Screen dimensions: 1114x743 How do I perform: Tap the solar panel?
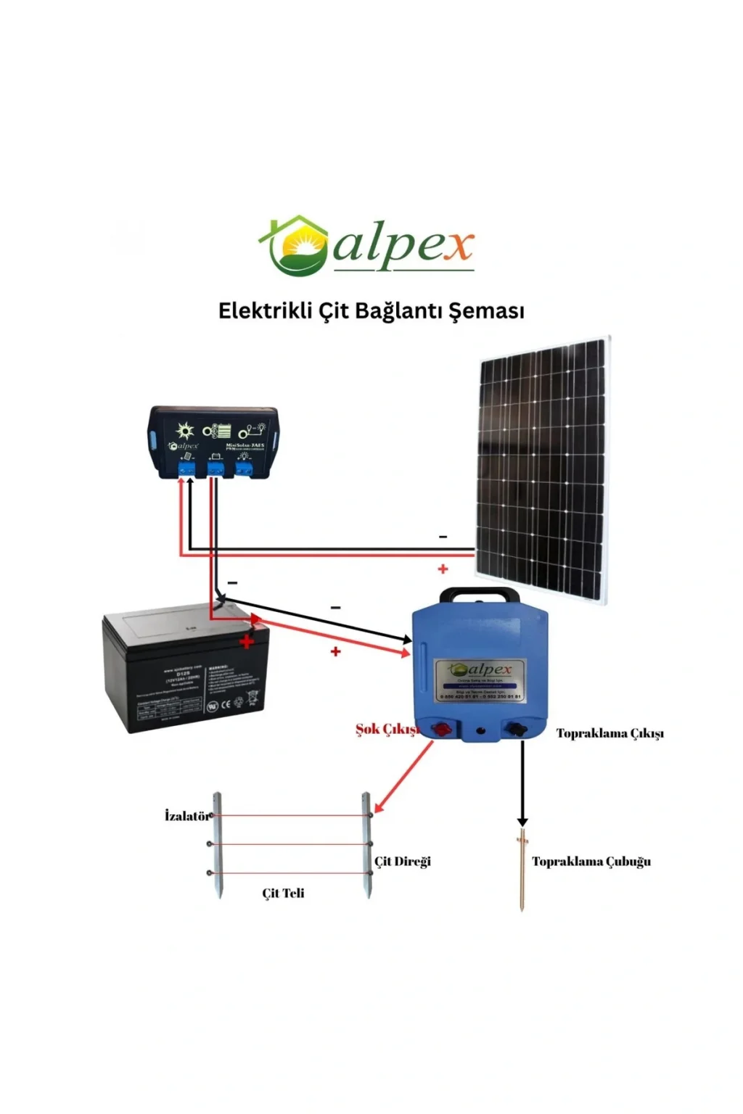(x=542, y=468)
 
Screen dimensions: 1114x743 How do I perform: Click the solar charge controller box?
(x=214, y=442)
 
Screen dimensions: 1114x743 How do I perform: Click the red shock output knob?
(x=440, y=730)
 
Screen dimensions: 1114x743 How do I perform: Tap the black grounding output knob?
(x=517, y=730)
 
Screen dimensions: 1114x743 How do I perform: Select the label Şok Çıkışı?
(x=387, y=729)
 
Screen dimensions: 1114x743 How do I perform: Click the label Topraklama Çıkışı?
(x=609, y=733)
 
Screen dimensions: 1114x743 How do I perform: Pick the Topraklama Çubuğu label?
(x=591, y=862)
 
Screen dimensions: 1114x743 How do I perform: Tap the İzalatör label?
(x=186, y=816)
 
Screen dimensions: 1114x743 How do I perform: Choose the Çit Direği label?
(x=403, y=862)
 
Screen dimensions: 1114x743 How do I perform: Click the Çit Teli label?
(x=283, y=894)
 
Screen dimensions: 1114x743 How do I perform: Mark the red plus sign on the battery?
(x=247, y=643)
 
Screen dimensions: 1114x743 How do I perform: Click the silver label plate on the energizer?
(x=478, y=680)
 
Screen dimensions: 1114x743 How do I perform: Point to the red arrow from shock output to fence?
(x=403, y=776)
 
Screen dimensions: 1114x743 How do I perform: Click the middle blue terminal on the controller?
(x=215, y=469)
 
